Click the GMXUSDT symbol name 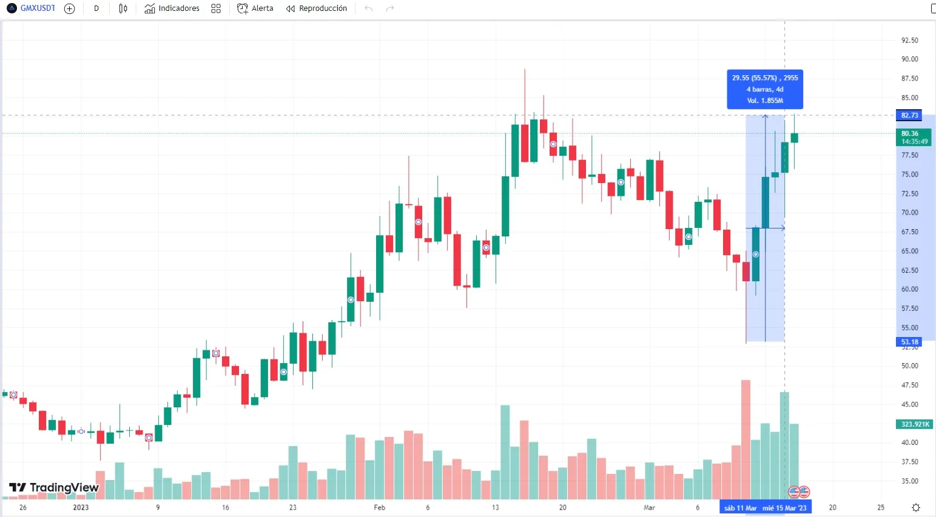click(38, 8)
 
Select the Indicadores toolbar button click(172, 8)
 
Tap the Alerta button click(255, 8)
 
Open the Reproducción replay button click(317, 8)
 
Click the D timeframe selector click(96, 8)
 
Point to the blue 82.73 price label click(909, 115)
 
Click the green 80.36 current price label click(913, 137)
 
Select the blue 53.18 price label click(909, 342)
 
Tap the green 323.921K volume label click(914, 424)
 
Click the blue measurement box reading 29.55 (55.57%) click(765, 89)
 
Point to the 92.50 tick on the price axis click(909, 41)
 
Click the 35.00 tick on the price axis click(909, 481)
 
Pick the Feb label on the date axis click(379, 507)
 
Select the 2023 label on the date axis click(81, 507)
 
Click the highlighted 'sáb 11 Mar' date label click(740, 508)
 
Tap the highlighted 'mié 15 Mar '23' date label click(784, 508)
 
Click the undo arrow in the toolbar click(368, 8)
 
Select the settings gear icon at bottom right click(916, 507)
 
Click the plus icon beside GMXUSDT click(69, 8)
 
